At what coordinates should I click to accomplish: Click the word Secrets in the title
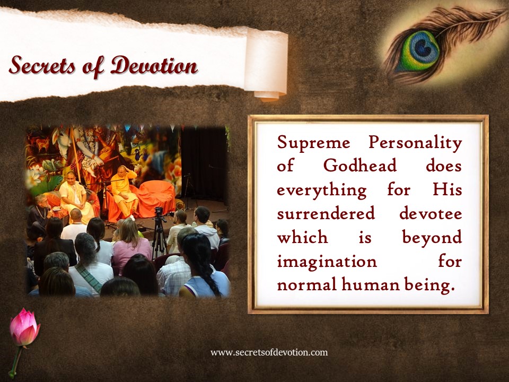click(42, 65)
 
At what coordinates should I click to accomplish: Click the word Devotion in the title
click(154, 65)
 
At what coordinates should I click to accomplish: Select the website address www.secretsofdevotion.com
click(269, 352)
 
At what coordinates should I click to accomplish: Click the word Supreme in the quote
click(313, 143)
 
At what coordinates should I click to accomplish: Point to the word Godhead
click(360, 166)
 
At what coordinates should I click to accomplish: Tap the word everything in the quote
click(322, 190)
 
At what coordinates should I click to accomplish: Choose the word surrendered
click(326, 214)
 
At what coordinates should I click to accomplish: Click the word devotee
click(431, 214)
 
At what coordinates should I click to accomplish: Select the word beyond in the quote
click(432, 238)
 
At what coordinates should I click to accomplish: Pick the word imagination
click(327, 262)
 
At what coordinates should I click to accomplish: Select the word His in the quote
click(447, 190)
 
